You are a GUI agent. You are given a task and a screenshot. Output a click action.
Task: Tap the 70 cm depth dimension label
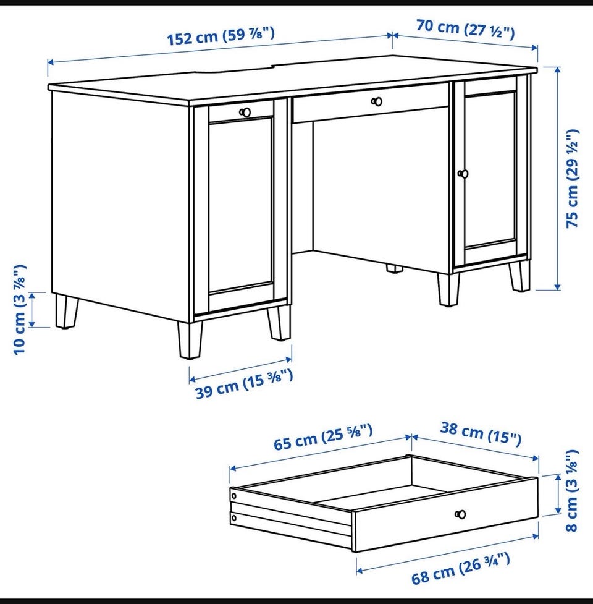[x=465, y=29]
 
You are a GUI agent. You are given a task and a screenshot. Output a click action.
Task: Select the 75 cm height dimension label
[x=572, y=178]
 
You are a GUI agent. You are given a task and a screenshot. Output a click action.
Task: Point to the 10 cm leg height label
[x=19, y=310]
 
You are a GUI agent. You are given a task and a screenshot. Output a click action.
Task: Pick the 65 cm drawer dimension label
[x=323, y=437]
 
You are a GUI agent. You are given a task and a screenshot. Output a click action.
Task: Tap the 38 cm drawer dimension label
[x=481, y=433]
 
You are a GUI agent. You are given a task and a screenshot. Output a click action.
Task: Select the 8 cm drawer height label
[x=572, y=490]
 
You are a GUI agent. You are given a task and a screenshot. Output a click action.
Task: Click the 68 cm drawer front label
[x=461, y=568]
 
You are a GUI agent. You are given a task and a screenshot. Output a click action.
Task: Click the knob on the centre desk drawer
[x=377, y=101]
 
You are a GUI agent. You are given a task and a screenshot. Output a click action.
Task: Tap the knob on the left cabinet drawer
[x=245, y=113]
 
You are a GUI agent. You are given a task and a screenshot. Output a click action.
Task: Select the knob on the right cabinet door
[x=463, y=174]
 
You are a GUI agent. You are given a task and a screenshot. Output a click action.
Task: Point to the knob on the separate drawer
[x=460, y=514]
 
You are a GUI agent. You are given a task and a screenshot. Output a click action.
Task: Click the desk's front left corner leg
[x=190, y=340]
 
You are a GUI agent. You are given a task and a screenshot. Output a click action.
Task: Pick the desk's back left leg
[x=66, y=312]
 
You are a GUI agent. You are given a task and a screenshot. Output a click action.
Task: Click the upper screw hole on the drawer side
[x=233, y=496]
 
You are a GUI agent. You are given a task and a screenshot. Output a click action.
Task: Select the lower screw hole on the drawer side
[x=233, y=519]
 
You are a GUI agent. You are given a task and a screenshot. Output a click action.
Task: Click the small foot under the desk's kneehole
[x=393, y=268]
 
